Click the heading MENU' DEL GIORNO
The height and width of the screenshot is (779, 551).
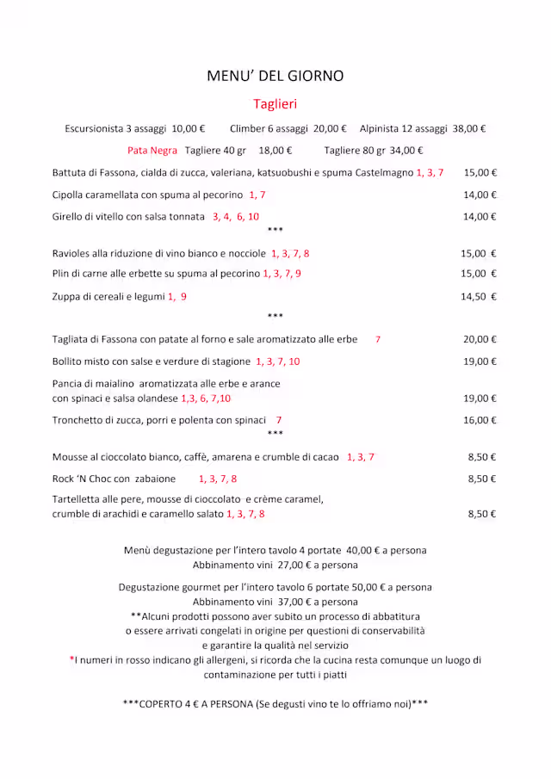[275, 76]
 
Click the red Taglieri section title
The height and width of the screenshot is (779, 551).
[275, 104]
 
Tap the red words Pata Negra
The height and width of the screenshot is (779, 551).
[152, 151]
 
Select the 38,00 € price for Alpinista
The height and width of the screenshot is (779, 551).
[469, 129]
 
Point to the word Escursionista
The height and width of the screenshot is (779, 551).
[94, 129]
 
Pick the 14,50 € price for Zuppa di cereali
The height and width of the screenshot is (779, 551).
[480, 296]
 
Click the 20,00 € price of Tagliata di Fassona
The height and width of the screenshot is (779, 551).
[480, 339]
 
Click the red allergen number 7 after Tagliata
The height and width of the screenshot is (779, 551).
[377, 339]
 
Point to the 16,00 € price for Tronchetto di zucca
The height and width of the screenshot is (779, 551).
[480, 420]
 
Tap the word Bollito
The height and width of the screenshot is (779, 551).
[70, 362]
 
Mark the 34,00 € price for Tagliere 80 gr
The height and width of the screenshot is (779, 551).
[406, 151]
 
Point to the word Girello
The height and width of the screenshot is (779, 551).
[70, 217]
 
